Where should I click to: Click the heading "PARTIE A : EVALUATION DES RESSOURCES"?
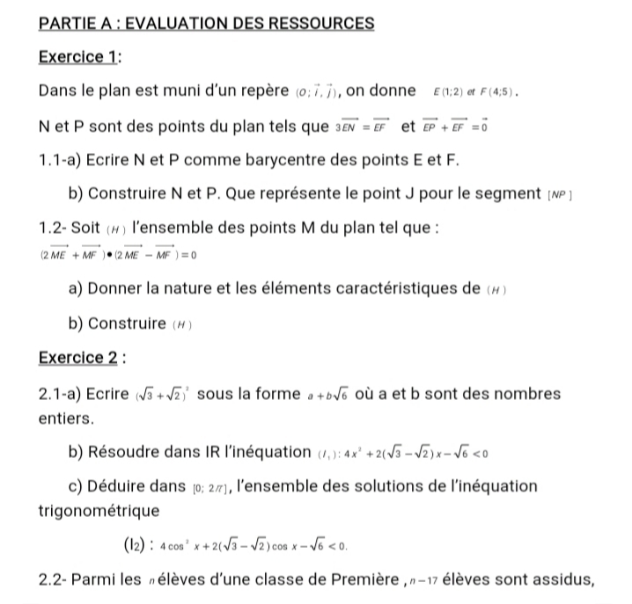point(207,22)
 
